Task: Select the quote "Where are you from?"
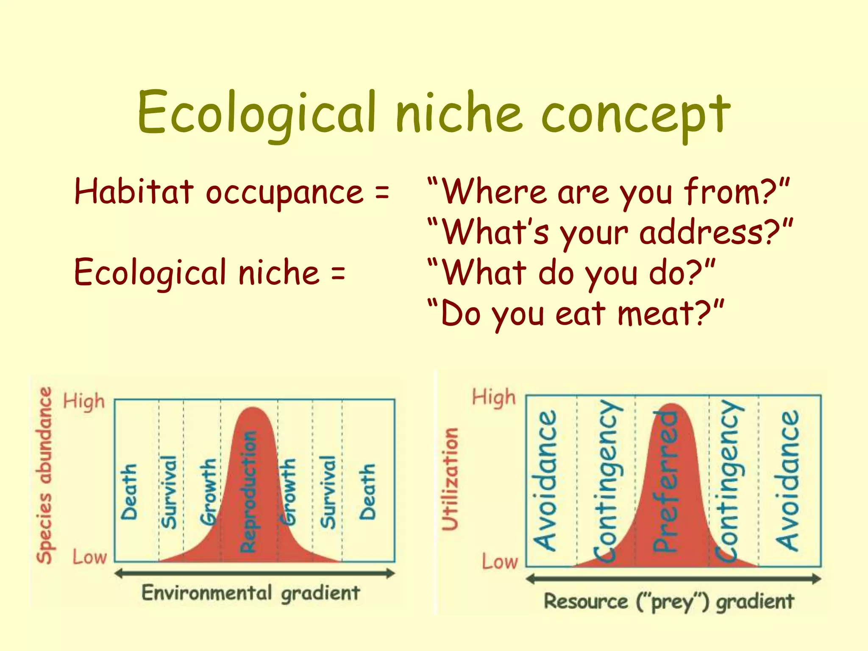point(609,192)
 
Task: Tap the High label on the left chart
point(84,401)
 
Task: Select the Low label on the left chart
point(89,557)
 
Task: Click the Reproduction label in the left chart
point(249,492)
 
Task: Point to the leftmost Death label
point(129,492)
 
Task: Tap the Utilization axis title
point(450,479)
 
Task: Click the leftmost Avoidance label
point(545,481)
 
